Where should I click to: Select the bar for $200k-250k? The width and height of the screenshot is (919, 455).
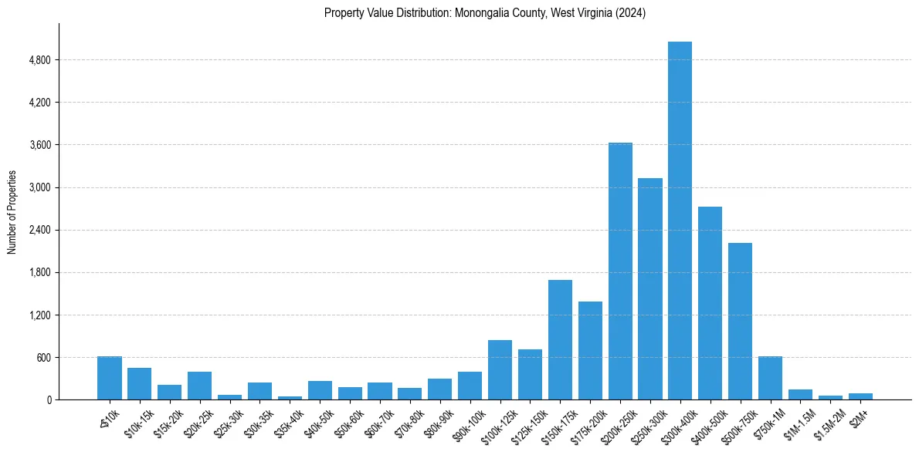(620, 271)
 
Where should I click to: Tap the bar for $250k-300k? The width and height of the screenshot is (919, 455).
(650, 288)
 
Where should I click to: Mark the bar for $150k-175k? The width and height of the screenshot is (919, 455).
(560, 339)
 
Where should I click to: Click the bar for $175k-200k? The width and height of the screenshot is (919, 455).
(590, 350)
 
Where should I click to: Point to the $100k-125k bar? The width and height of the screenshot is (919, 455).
(500, 369)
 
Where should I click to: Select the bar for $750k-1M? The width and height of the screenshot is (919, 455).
(770, 378)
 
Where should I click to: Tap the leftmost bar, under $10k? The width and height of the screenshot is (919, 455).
(110, 378)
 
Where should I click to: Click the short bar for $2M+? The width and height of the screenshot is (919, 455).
(860, 396)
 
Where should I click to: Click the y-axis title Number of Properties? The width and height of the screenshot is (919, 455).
(12, 211)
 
